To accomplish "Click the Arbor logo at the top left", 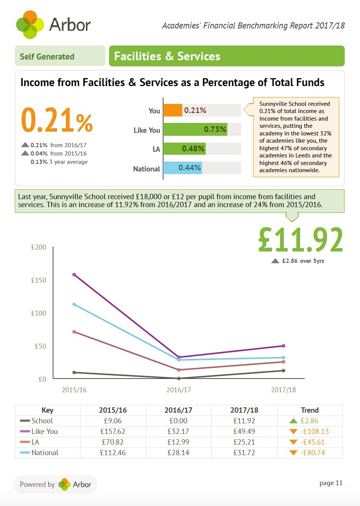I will (53, 24).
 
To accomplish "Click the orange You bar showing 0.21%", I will (173, 110).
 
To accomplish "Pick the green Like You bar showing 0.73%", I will (195, 129).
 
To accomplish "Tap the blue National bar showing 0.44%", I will (182, 168).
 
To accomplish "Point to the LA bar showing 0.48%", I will (184, 149).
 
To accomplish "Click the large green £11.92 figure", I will (301, 240).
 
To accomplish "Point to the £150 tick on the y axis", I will (39, 280).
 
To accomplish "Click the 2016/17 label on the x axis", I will (178, 390).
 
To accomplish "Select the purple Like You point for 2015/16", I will (74, 275).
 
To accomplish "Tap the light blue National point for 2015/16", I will (74, 304).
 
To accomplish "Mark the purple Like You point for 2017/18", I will (283, 346).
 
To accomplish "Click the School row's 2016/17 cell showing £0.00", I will (178, 421).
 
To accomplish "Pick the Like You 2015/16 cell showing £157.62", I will (113, 431).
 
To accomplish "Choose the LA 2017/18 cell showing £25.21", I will (244, 442).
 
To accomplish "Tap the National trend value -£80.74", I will (313, 453).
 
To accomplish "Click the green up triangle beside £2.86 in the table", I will (293, 421).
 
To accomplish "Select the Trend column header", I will (310, 410).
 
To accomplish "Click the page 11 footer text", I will (331, 483).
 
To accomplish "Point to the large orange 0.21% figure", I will (57, 120).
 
